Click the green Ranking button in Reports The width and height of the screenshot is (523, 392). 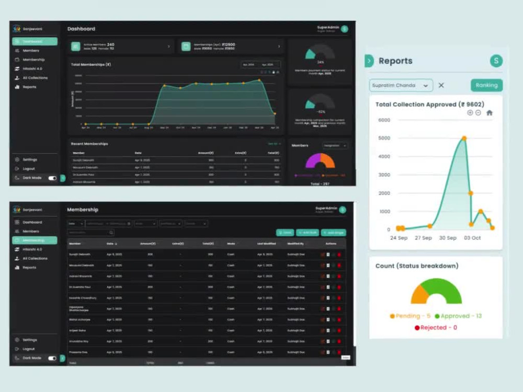(x=486, y=85)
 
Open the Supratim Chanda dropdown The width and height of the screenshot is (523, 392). (x=401, y=85)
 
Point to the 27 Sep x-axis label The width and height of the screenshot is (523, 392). (x=423, y=238)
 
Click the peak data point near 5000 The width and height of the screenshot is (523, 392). (x=464, y=139)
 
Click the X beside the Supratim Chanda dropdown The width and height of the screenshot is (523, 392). (x=441, y=85)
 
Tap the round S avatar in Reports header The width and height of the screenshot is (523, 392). (x=496, y=61)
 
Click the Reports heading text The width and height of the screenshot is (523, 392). (x=395, y=61)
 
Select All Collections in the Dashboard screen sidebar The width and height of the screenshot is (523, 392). (x=35, y=78)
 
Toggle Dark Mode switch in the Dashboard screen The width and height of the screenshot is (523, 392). (x=52, y=178)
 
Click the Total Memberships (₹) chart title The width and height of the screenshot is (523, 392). (x=91, y=65)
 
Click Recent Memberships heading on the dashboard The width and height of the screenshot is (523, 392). (x=90, y=144)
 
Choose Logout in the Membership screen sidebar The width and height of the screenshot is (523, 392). (x=28, y=349)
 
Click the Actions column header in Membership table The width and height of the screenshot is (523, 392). (x=331, y=244)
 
